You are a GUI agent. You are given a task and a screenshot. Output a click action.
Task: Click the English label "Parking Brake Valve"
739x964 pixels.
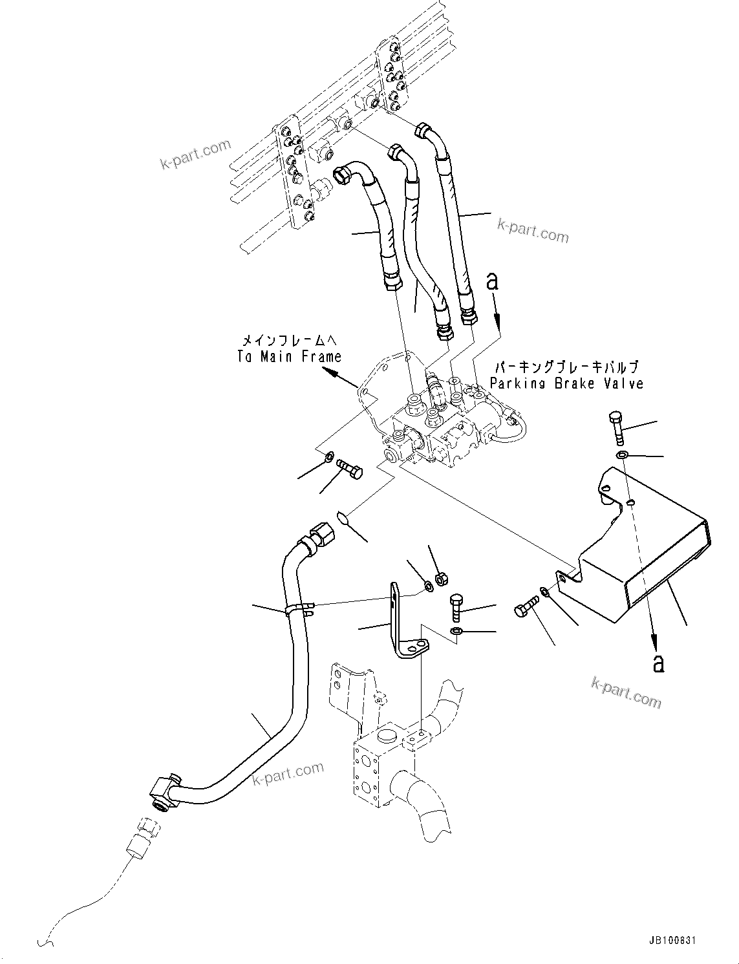pos(566,383)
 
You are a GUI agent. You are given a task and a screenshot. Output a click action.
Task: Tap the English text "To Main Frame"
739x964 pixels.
pos(289,356)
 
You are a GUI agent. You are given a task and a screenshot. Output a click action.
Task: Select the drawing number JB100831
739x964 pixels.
pos(670,941)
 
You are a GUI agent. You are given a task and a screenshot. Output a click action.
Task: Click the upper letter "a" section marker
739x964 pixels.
pos(493,281)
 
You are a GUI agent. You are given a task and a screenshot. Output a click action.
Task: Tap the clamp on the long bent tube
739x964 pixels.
pos(297,608)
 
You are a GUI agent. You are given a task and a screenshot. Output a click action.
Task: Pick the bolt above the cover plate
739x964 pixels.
pos(616,426)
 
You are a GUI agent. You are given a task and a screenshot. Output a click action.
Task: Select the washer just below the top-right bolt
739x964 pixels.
pos(622,456)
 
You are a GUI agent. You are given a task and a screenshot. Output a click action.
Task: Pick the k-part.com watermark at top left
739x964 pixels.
pos(195,153)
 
